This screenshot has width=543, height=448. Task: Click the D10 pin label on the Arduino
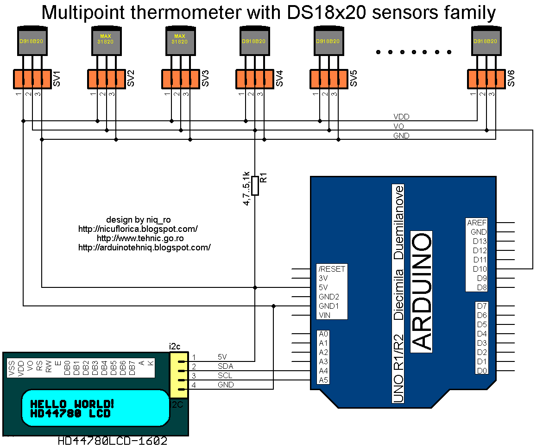coord(480,269)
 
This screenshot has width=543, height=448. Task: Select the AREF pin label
coord(477,223)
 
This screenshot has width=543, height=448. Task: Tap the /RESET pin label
coord(332,269)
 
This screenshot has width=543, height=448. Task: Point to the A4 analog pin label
coord(323,371)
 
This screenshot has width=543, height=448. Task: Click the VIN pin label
coord(324,315)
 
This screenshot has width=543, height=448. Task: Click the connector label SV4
coord(279,79)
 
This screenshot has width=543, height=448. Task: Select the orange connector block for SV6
coord(486,79)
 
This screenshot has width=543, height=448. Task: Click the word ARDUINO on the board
coord(422,292)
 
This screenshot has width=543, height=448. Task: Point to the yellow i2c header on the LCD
coord(179,375)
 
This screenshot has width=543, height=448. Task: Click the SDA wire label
coord(225,366)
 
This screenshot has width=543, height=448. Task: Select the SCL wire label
coord(225,375)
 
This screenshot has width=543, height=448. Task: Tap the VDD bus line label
coord(401,117)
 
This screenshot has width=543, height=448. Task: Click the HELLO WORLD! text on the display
coord(72,404)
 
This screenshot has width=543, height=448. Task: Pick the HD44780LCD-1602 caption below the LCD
coord(113,441)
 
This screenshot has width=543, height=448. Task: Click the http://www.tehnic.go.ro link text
coord(140,238)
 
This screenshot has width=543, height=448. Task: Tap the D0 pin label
coord(482,371)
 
